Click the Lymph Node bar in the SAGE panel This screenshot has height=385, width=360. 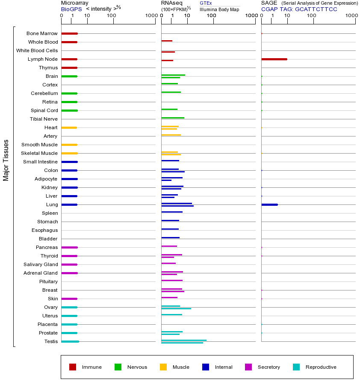[x=274, y=59]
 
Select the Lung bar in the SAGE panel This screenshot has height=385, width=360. [x=269, y=204]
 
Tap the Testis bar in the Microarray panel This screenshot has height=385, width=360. [x=70, y=341]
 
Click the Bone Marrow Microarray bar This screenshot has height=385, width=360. [x=69, y=33]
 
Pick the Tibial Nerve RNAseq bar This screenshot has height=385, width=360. [x=173, y=118]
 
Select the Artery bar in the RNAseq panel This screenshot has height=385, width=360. [x=171, y=135]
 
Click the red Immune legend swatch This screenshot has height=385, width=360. [x=73, y=367]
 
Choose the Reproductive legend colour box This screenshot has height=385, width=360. [x=296, y=367]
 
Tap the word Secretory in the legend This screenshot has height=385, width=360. [x=269, y=367]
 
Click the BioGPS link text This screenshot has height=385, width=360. [x=71, y=9]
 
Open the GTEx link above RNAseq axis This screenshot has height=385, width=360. [x=206, y=3]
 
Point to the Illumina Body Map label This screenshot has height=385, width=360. [x=219, y=9]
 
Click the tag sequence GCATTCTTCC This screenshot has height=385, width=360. [x=316, y=9]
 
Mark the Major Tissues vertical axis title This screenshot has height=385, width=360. [x=6, y=160]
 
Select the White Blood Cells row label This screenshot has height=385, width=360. [x=37, y=50]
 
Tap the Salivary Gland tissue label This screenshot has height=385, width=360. [x=41, y=264]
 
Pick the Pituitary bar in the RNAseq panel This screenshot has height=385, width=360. [x=172, y=280]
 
